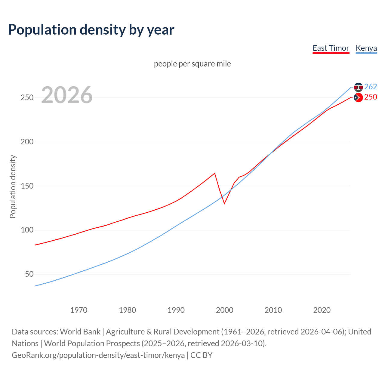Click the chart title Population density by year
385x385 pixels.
pyautogui.click(x=91, y=30)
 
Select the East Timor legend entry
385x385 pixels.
pyautogui.click(x=331, y=48)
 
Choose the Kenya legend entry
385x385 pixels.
pyautogui.click(x=366, y=48)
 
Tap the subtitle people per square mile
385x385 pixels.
pyautogui.click(x=192, y=64)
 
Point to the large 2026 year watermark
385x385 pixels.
pyautogui.click(x=67, y=95)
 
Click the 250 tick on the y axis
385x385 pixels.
pyautogui.click(x=27, y=98)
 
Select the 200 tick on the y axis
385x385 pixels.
pyautogui.click(x=27, y=142)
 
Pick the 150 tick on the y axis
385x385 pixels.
pyautogui.click(x=27, y=186)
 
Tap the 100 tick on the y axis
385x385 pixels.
pyautogui.click(x=27, y=230)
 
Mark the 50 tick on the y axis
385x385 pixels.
pyautogui.click(x=29, y=274)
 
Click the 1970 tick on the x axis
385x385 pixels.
pyautogui.click(x=79, y=310)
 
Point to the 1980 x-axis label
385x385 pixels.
pyautogui.click(x=127, y=310)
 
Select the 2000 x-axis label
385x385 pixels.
pyautogui.click(x=224, y=310)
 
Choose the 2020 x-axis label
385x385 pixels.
pyautogui.click(x=322, y=310)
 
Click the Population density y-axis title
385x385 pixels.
pyautogui.click(x=13, y=186)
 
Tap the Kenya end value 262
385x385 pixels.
pyautogui.click(x=371, y=87)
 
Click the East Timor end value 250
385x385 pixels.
pyautogui.click(x=371, y=97)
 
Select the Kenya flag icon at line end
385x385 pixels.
pyautogui.click(x=358, y=87)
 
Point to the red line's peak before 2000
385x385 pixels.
pyautogui.click(x=214, y=173)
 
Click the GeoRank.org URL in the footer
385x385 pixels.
pyautogui.click(x=98, y=355)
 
